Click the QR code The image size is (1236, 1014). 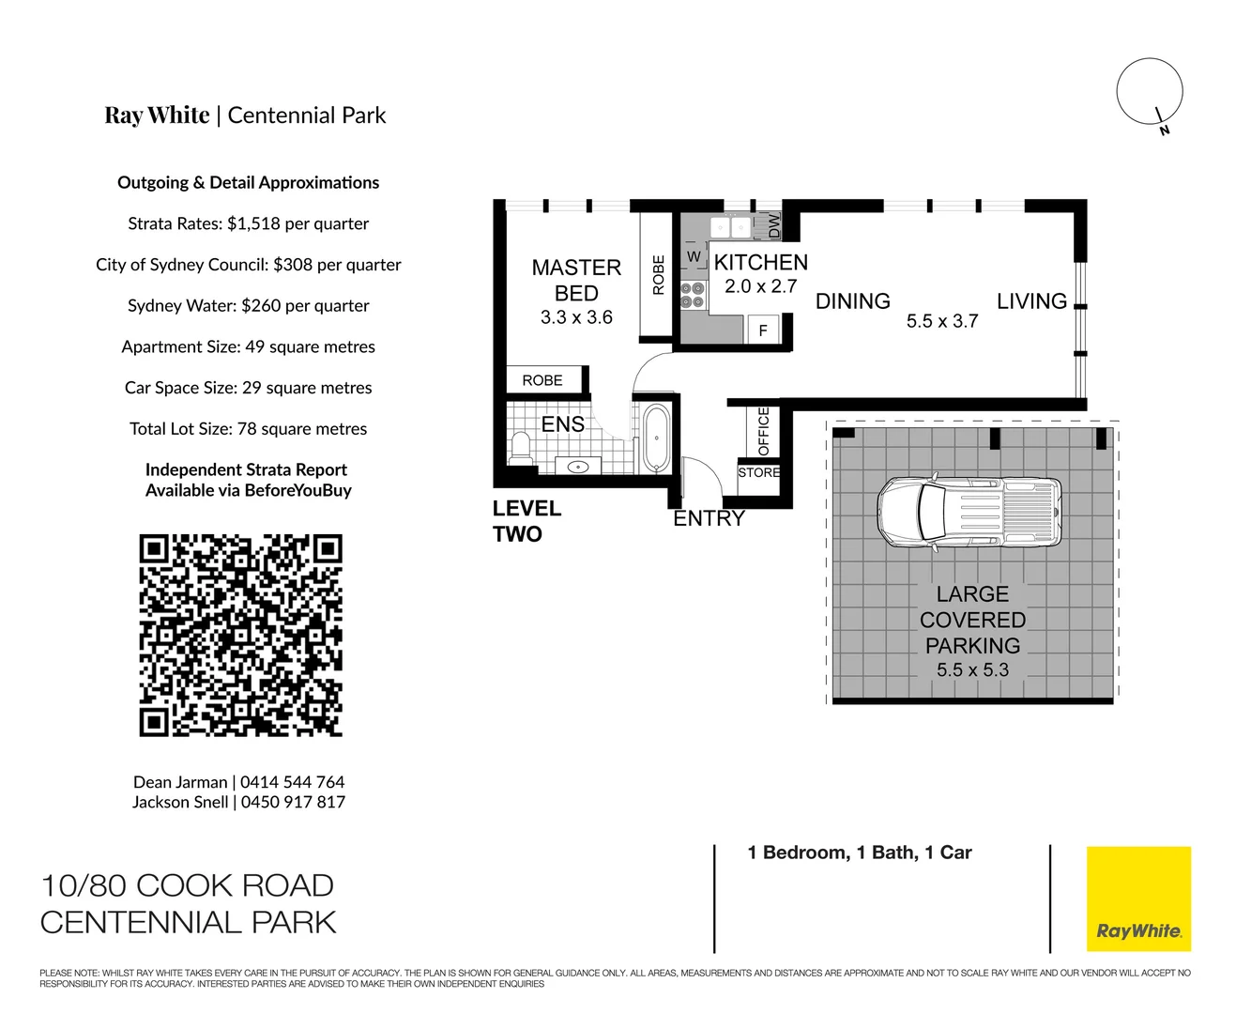point(240,636)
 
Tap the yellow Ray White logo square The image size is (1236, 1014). point(1138,899)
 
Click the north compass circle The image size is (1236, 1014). point(1149,92)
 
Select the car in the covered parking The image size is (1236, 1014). point(970,512)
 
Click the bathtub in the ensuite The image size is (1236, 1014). point(654,438)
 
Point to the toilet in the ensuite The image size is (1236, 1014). point(520,448)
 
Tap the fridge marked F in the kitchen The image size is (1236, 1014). point(763,330)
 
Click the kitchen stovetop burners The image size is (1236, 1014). point(693,295)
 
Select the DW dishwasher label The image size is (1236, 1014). point(774,225)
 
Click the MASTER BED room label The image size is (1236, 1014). point(576,281)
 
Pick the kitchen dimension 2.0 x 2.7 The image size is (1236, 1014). point(760,287)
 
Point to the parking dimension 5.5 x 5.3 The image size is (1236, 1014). point(972,670)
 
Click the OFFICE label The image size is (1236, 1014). point(763,431)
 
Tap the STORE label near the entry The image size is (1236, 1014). point(758,472)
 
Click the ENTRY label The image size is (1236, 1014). point(709,518)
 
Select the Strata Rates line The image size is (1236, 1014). point(248,223)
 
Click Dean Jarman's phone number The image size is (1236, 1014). point(292,782)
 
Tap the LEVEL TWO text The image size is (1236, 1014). point(526,521)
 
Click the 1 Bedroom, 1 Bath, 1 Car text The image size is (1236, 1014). point(859,853)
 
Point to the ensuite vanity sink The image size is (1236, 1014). point(578,467)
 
